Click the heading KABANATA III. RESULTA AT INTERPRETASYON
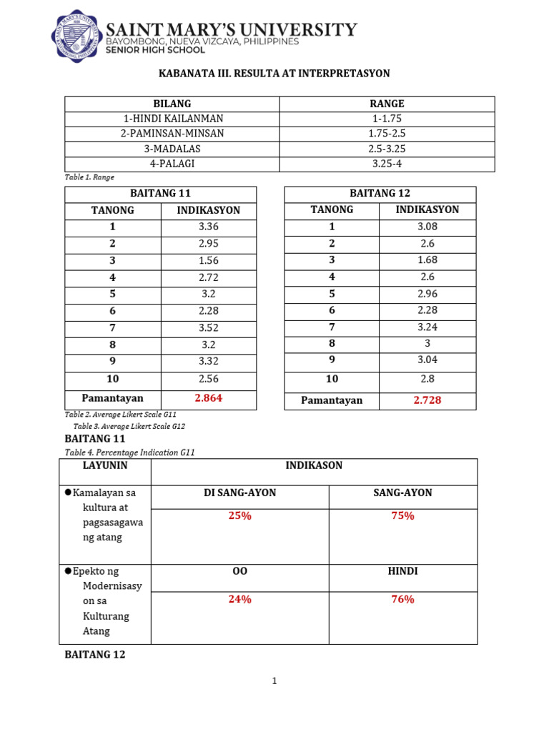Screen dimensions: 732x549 coord(274,74)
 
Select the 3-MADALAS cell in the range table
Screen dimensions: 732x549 coord(172,149)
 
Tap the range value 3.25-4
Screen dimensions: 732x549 coord(387,164)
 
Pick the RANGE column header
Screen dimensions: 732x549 coord(387,104)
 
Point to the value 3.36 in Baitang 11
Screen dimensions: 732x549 coord(208,227)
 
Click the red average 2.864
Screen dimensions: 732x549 coord(209,398)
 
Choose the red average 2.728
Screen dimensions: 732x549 coord(427,400)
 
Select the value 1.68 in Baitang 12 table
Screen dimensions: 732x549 coord(427,260)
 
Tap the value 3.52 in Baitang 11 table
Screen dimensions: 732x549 coord(208,329)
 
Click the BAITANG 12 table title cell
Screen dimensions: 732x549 coord(380,194)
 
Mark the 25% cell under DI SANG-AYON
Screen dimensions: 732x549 coord(239,515)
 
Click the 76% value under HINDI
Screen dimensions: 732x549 coord(402,600)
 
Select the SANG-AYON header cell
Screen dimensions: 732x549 coord(402,493)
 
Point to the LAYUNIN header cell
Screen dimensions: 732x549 coord(107,465)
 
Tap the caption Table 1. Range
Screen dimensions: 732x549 coord(89,177)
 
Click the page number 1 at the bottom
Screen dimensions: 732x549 coord(274,681)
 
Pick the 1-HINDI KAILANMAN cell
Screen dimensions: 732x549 coord(172,119)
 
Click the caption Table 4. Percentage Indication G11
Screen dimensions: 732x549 coord(129,452)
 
